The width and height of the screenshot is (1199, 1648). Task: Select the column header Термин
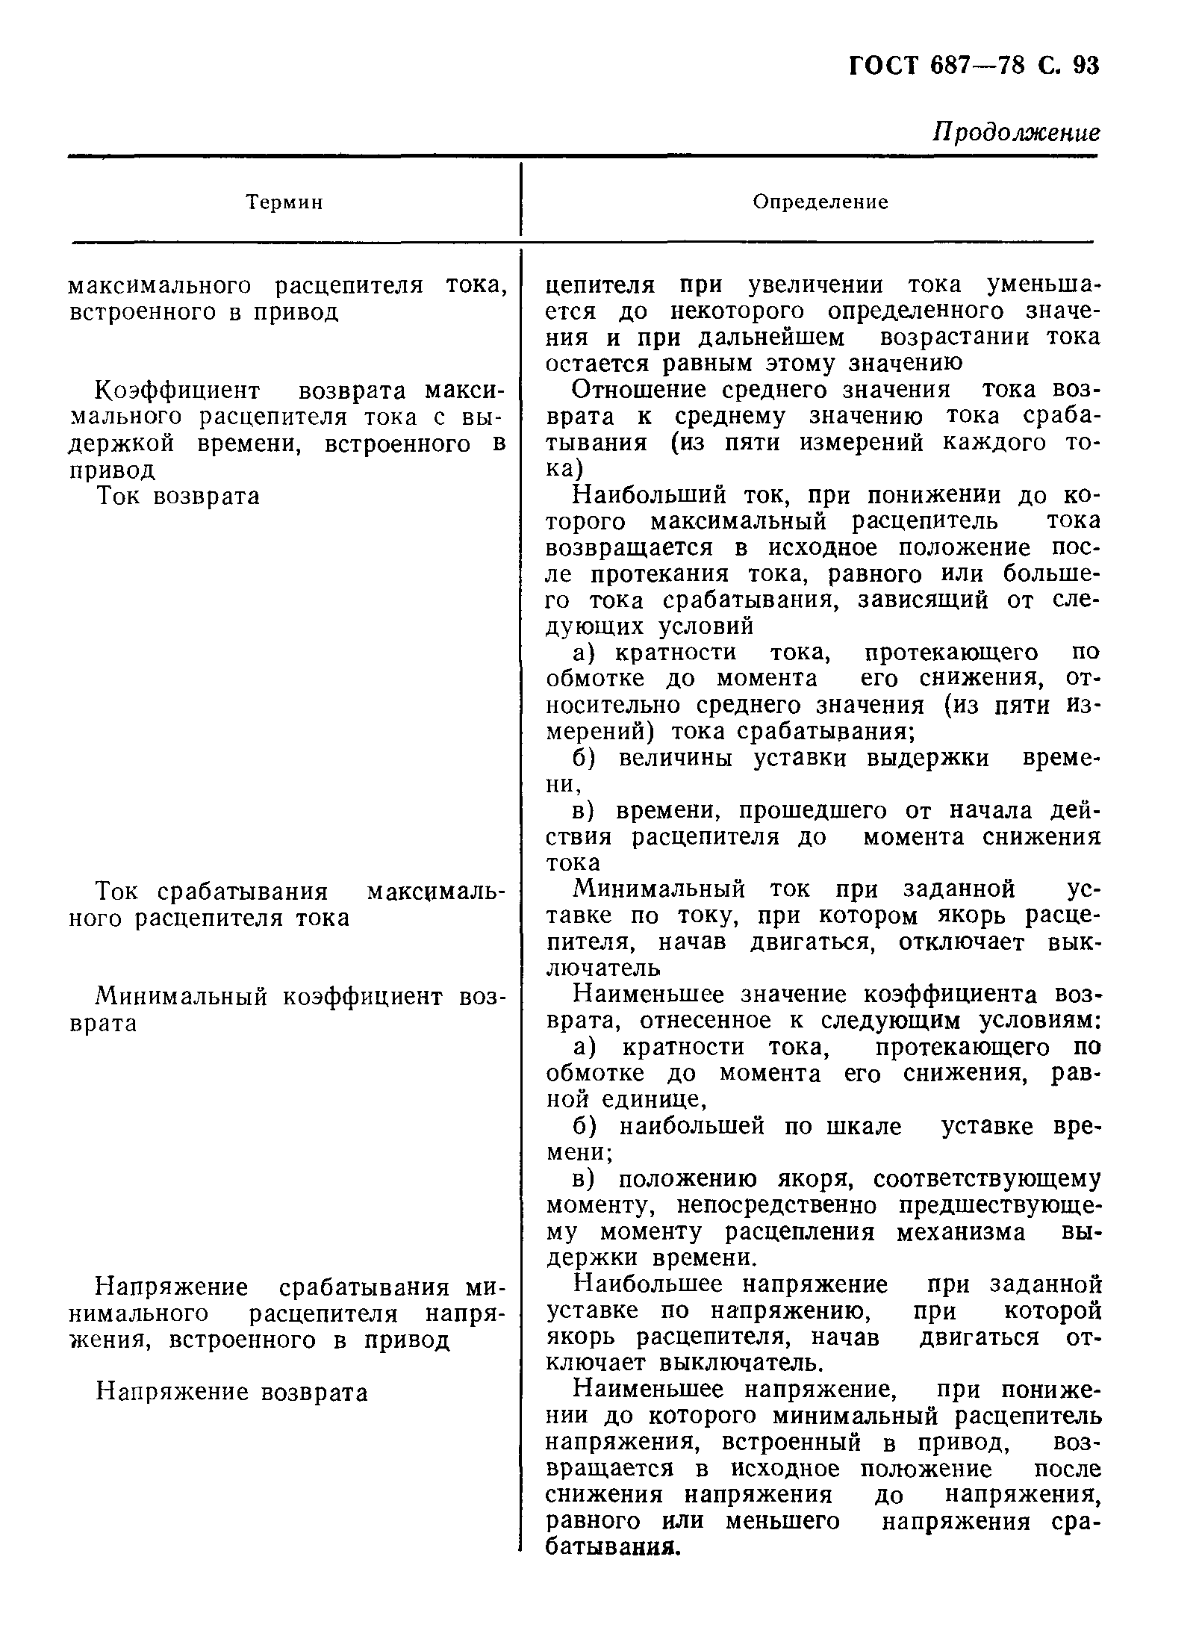(284, 202)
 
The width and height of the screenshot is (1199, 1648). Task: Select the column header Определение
(820, 202)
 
